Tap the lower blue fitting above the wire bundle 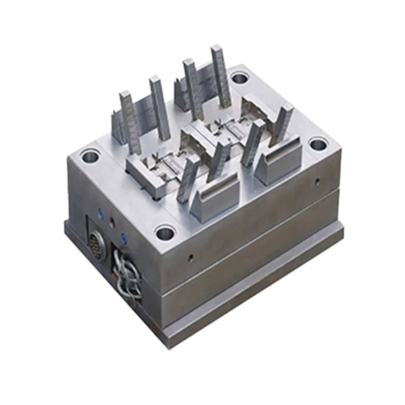click(x=122, y=235)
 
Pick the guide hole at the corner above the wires click(x=165, y=234)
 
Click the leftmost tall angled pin click(x=129, y=121)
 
